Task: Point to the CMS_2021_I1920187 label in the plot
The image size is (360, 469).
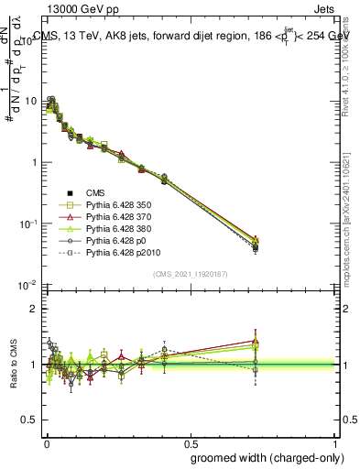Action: coord(190,274)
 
